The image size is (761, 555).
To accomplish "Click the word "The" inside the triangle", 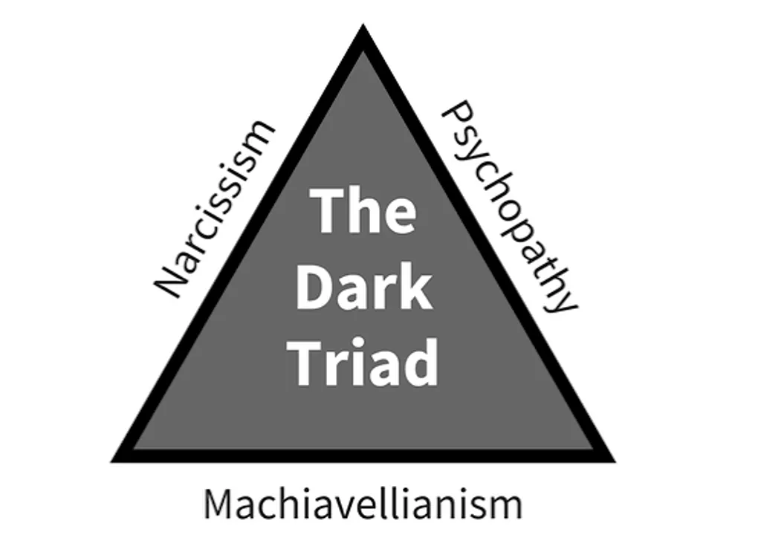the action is click(363, 211).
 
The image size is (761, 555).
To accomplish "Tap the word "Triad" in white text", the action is click(366, 362).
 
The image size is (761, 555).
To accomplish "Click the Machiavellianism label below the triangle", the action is click(363, 505).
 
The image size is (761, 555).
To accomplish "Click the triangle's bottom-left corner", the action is click(111, 462).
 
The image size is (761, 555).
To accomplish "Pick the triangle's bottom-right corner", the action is click(615, 462).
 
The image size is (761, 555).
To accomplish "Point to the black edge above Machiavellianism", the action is click(363, 455).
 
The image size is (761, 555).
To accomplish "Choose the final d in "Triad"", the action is click(421, 361).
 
